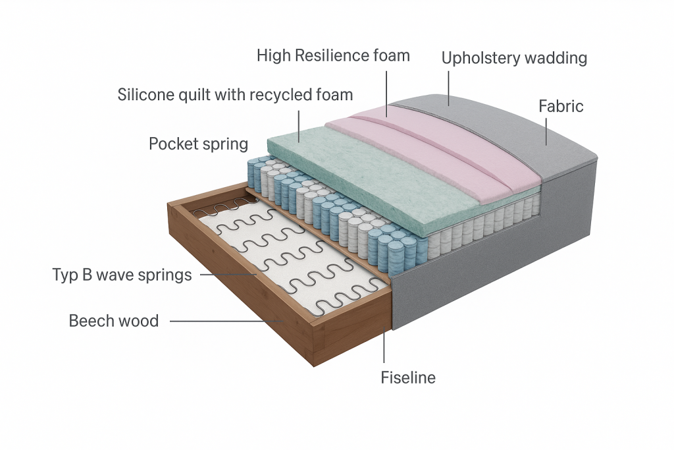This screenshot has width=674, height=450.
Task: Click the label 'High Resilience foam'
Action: coord(333,55)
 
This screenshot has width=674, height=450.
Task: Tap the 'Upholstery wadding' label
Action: coord(514,58)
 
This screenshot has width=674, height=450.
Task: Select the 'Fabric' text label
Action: coord(561,105)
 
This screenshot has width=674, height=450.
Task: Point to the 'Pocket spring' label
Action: coord(198,144)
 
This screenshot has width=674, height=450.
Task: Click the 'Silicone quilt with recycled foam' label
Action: coord(235,94)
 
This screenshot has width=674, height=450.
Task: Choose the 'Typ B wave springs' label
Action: coord(122,274)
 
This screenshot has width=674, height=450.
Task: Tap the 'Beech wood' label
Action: coord(114,321)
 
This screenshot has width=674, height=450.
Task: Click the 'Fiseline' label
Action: coord(408,378)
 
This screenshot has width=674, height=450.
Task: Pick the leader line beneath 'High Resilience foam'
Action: coord(386,92)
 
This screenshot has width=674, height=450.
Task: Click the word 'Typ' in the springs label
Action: coord(65,274)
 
